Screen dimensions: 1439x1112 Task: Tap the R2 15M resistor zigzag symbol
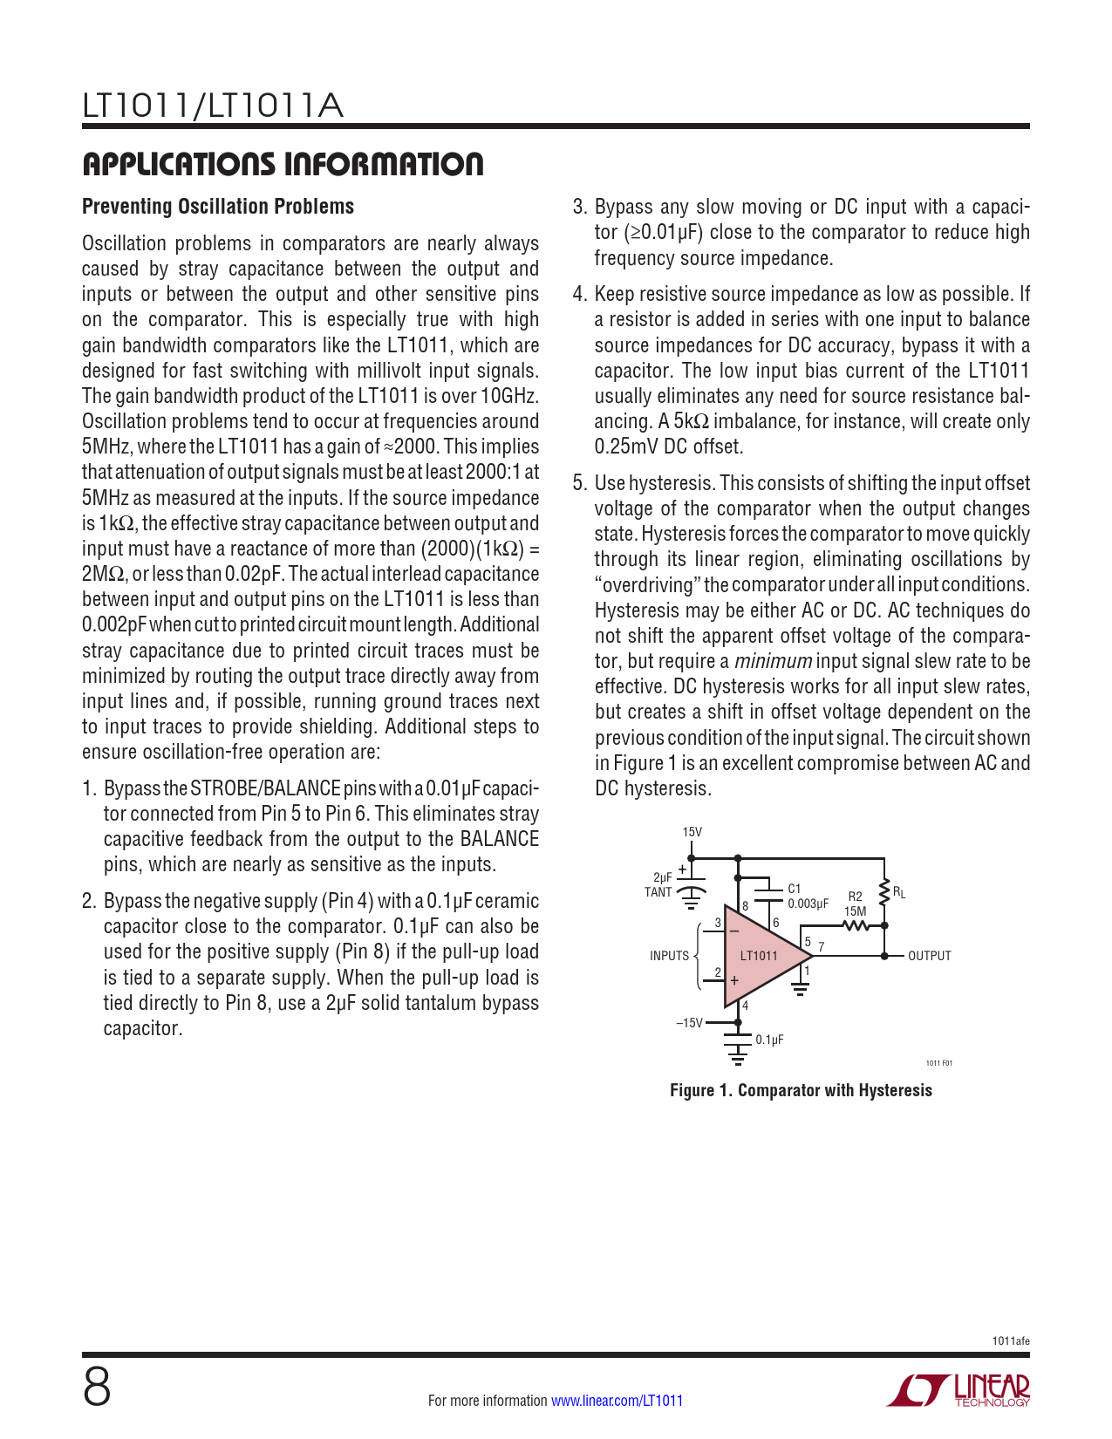pyautogui.click(x=857, y=926)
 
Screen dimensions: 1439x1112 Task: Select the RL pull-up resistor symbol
pyautogui.click(x=884, y=892)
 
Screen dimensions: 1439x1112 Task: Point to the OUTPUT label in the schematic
pyautogui.click(x=929, y=956)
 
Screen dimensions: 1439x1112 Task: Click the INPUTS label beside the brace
pyautogui.click(x=669, y=956)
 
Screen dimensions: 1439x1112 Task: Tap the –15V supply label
pyautogui.click(x=689, y=1023)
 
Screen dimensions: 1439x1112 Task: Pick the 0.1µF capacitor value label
pyautogui.click(x=769, y=1040)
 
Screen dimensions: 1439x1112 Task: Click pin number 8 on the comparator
pyautogui.click(x=746, y=906)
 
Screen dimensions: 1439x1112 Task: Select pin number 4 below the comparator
pyautogui.click(x=745, y=1006)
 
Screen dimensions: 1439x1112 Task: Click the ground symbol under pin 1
pyautogui.click(x=800, y=988)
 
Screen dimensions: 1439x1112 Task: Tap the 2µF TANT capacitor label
pyautogui.click(x=660, y=885)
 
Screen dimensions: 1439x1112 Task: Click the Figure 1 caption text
pyautogui.click(x=801, y=1090)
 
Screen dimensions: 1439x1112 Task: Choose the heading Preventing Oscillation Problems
pyautogui.click(x=218, y=207)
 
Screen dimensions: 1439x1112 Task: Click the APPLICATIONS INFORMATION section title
pyautogui.click(x=283, y=164)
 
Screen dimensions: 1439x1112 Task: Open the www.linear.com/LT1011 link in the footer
pyautogui.click(x=617, y=1401)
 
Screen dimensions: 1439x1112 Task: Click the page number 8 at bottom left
pyautogui.click(x=97, y=1388)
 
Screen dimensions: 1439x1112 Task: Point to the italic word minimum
pyautogui.click(x=774, y=661)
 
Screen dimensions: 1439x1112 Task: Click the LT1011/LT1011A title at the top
pyautogui.click(x=213, y=106)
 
